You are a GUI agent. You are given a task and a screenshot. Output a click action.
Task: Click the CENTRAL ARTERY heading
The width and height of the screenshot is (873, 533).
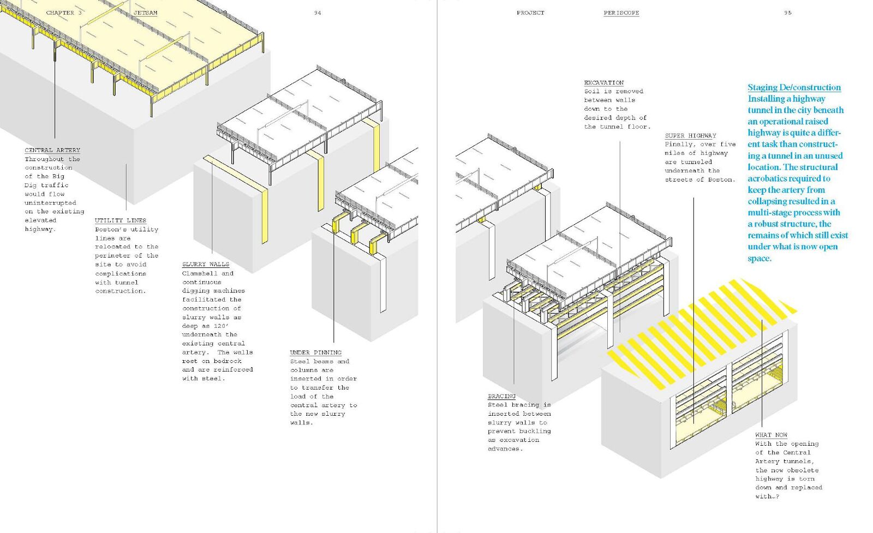pyautogui.click(x=52, y=150)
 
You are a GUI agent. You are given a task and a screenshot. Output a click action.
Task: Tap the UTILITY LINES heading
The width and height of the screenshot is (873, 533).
pyautogui.click(x=121, y=220)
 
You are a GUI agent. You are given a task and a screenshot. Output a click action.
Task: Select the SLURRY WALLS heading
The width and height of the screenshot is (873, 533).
pyautogui.click(x=206, y=264)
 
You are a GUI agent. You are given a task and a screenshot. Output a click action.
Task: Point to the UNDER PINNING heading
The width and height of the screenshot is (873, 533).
pyautogui.click(x=316, y=352)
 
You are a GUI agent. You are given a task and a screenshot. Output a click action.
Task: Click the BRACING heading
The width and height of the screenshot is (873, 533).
pyautogui.click(x=501, y=396)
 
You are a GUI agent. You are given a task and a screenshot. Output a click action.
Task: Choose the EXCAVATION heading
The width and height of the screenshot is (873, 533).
pyautogui.click(x=603, y=82)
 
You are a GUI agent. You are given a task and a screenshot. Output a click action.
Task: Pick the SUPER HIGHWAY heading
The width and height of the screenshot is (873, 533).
pyautogui.click(x=690, y=135)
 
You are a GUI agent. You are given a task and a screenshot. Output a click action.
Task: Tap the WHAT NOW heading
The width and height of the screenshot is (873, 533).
pyautogui.click(x=771, y=435)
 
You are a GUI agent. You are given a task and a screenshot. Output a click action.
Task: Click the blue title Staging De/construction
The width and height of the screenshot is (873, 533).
pyautogui.click(x=794, y=87)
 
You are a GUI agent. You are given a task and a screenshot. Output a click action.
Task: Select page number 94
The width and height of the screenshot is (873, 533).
pyautogui.click(x=318, y=13)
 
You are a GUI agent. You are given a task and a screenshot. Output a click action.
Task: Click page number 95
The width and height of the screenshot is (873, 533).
pyautogui.click(x=788, y=13)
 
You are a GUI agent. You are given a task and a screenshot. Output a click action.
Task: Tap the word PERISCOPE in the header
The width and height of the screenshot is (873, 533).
pyautogui.click(x=621, y=13)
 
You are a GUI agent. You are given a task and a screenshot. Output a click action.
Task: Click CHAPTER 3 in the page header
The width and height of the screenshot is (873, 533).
pyautogui.click(x=64, y=13)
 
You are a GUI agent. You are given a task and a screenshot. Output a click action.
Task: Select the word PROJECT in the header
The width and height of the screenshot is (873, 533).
pyautogui.click(x=530, y=13)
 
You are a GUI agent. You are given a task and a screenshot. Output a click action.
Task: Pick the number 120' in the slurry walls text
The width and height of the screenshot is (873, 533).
pyautogui.click(x=220, y=326)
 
